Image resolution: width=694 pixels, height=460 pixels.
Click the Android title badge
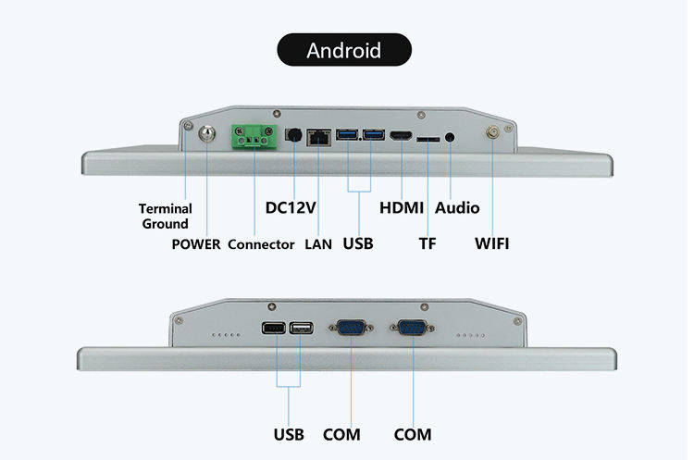coord(343,49)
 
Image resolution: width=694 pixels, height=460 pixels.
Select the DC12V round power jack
coord(293,136)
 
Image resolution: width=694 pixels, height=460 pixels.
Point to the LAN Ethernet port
coord(318,137)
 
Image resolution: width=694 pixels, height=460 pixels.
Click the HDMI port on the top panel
coord(402,137)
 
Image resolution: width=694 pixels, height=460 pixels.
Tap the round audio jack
coord(450,137)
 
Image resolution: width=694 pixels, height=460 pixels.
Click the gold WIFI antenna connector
coord(492,133)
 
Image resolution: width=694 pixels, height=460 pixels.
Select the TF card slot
coord(428,139)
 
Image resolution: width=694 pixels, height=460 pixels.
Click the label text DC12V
coord(291,207)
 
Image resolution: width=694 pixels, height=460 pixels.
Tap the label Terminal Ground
coord(165,216)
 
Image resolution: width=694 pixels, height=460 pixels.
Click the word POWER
coord(196,245)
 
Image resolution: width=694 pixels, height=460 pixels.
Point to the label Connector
coord(261,245)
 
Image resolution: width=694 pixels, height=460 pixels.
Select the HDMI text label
coord(402,207)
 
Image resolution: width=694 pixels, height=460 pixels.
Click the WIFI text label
coord(492,245)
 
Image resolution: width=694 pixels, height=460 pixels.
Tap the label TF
coord(428,245)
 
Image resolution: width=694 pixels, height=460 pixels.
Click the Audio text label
coord(457,207)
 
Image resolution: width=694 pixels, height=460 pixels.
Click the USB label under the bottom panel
coord(289,434)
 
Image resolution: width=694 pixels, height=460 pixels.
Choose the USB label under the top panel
coord(357,245)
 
